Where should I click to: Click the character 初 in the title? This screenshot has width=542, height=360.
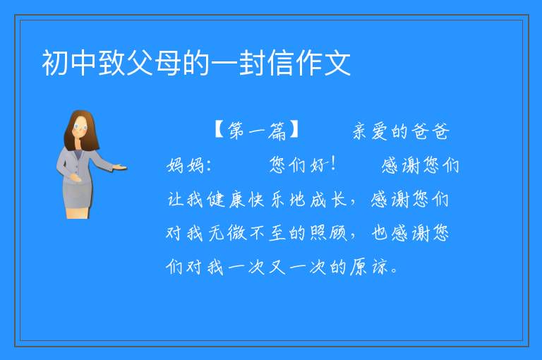click(x=55, y=63)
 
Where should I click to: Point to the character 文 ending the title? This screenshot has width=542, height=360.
click(x=337, y=63)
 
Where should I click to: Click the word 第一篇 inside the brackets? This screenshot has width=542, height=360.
click(x=257, y=131)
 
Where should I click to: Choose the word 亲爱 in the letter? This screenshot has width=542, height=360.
click(x=370, y=131)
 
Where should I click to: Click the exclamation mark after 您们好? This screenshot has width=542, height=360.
click(x=333, y=164)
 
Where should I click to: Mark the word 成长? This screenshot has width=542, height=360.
click(x=327, y=199)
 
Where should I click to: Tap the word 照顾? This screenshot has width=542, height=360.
click(x=328, y=233)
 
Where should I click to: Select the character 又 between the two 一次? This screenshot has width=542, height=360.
click(x=277, y=267)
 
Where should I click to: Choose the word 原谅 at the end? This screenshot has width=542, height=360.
click(x=369, y=267)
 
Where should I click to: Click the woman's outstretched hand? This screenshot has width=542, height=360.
click(x=120, y=168)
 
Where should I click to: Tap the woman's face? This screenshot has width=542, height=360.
click(x=80, y=127)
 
